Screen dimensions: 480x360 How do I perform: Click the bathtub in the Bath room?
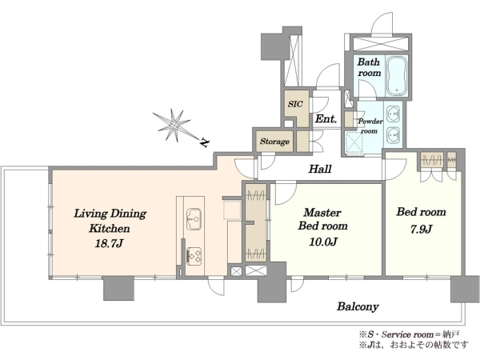pos(397,75)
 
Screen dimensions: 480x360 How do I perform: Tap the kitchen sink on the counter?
pos(194,219)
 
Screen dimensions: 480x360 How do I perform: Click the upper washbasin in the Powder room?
pos(394,115)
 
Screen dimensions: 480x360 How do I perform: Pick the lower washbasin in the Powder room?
pos(394,136)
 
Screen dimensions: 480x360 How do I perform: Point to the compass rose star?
pos(173,126)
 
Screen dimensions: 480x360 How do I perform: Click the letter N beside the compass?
pos(205,142)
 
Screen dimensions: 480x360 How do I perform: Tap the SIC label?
pos(295,104)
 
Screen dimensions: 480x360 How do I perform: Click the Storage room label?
pos(274,141)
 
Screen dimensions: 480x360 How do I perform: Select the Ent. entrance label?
pos(326,118)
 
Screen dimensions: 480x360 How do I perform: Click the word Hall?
pos(320,169)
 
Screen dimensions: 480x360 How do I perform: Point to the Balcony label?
pos(358,306)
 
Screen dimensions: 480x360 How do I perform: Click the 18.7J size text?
pos(109,243)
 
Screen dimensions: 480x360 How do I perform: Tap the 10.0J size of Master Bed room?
pos(323,242)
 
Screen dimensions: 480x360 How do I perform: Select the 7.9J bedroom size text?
pos(421,229)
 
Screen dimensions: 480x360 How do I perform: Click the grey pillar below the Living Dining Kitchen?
pos(118,288)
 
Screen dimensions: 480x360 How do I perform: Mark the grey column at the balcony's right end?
pos(464,290)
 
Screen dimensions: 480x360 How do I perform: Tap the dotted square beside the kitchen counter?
pos(232,210)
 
